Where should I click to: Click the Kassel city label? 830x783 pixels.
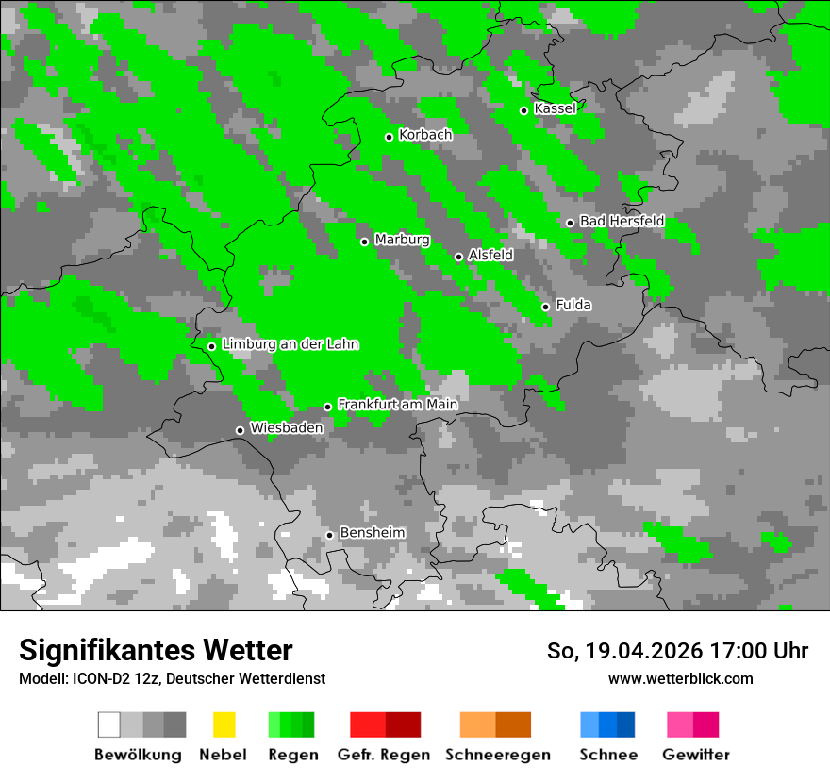pyautogui.click(x=555, y=108)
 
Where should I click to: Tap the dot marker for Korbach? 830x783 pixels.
pyautogui.click(x=389, y=137)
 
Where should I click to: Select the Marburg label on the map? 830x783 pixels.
pyautogui.click(x=402, y=240)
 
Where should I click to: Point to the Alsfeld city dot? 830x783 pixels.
pyautogui.click(x=458, y=257)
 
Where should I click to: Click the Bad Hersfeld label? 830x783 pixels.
pyautogui.click(x=622, y=221)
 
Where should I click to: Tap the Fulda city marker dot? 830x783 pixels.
pyautogui.click(x=545, y=307)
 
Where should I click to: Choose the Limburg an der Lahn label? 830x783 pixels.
pyautogui.click(x=290, y=344)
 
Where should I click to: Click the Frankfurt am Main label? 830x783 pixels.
pyautogui.click(x=397, y=405)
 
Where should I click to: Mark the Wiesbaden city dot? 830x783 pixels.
pyautogui.click(x=240, y=430)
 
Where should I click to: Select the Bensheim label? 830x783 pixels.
pyautogui.click(x=372, y=533)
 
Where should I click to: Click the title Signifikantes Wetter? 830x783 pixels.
pyautogui.click(x=156, y=650)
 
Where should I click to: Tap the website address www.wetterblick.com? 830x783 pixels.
pyautogui.click(x=680, y=678)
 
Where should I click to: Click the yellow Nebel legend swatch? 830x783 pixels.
pyautogui.click(x=224, y=725)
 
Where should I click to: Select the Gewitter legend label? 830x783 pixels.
pyautogui.click(x=696, y=755)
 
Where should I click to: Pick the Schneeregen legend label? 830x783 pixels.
pyautogui.click(x=498, y=755)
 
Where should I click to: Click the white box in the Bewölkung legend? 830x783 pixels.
pyautogui.click(x=109, y=725)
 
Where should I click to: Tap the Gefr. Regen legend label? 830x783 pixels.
pyautogui.click(x=384, y=755)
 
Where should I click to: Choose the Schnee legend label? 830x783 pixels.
pyautogui.click(x=608, y=755)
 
